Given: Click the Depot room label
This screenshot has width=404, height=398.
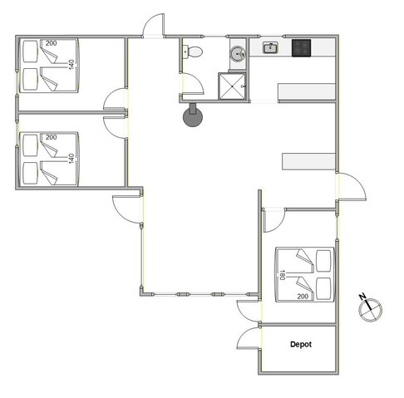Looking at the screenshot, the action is [x=301, y=344].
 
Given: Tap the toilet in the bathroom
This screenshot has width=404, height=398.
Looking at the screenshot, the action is [x=193, y=52].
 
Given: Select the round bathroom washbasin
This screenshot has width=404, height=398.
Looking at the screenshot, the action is [x=238, y=54].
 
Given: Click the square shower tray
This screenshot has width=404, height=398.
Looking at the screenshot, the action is [x=232, y=86].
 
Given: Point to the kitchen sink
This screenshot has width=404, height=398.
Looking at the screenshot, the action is [x=270, y=48].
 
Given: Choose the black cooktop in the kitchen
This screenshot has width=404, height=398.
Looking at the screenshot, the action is [x=301, y=48].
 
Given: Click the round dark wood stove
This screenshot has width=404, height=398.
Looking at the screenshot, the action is [x=193, y=115].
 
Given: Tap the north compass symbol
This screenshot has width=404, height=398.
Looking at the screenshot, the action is [x=371, y=310].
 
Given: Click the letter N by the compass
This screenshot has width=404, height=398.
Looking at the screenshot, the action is [x=362, y=297].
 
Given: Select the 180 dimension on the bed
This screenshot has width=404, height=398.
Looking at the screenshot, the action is [x=283, y=275].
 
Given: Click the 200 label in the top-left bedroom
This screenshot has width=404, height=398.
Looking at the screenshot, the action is [x=51, y=43].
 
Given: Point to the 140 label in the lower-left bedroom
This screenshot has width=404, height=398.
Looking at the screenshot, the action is [x=71, y=159].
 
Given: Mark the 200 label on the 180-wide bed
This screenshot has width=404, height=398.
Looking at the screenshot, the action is [x=303, y=297].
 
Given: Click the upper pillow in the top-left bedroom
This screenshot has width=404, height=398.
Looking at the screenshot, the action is [x=30, y=52].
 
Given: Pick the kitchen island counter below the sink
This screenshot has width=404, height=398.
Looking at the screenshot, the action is [x=307, y=91].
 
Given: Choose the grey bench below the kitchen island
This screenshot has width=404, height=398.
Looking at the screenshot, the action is [x=308, y=161].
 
